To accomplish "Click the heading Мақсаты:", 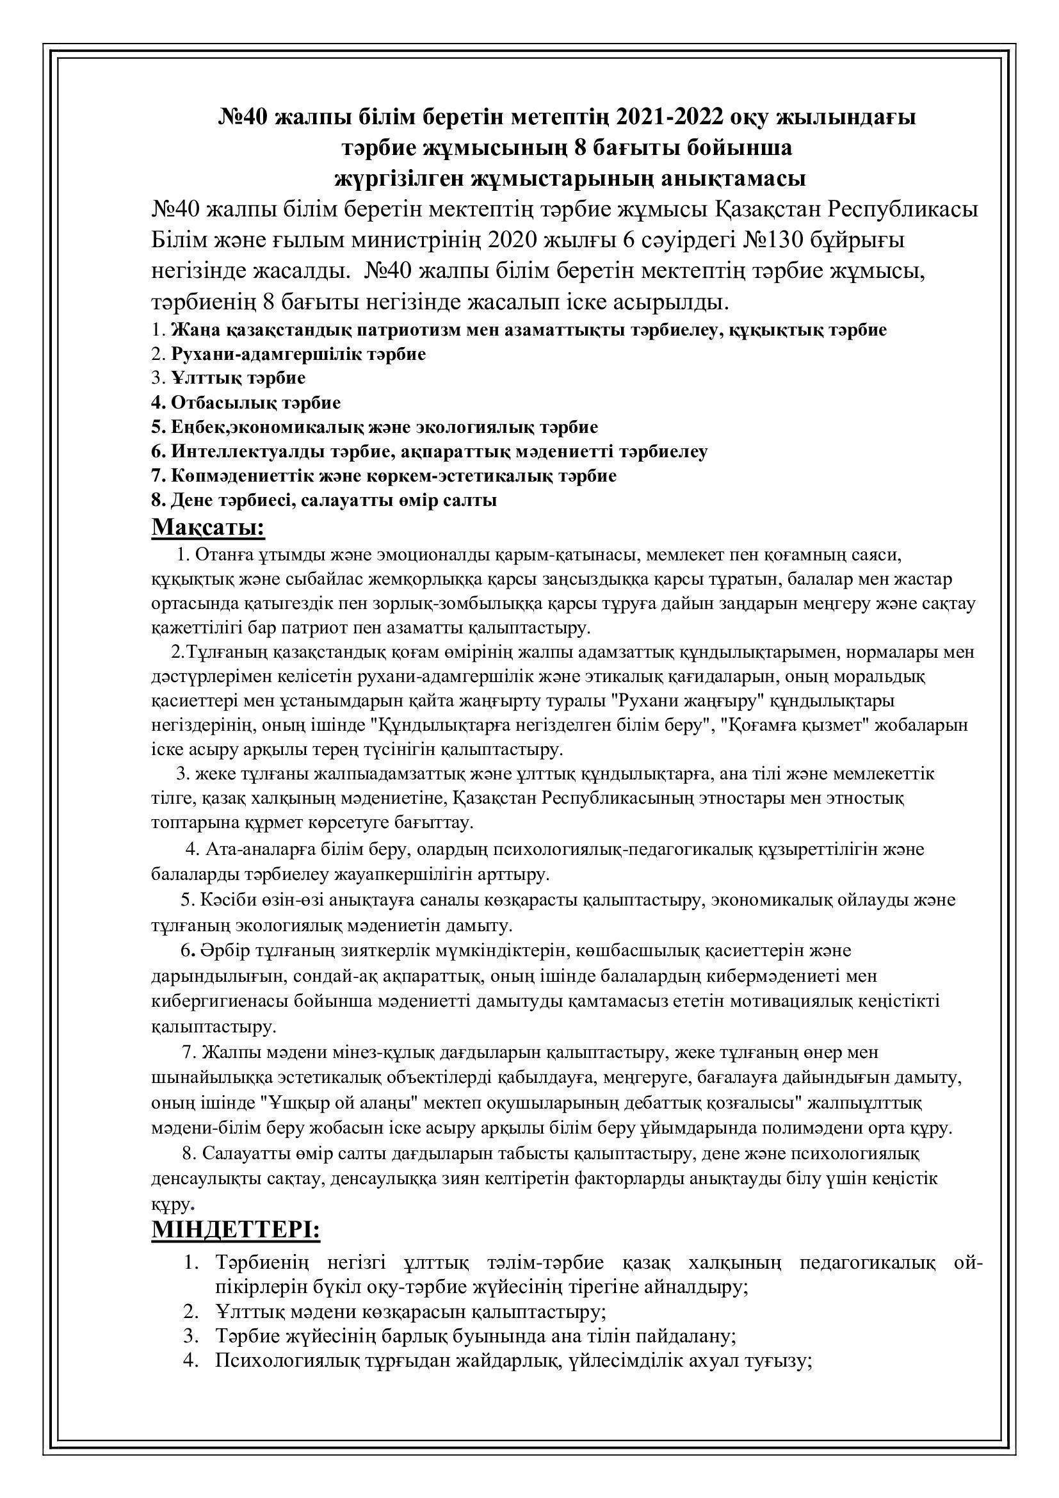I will coord(209,526).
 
